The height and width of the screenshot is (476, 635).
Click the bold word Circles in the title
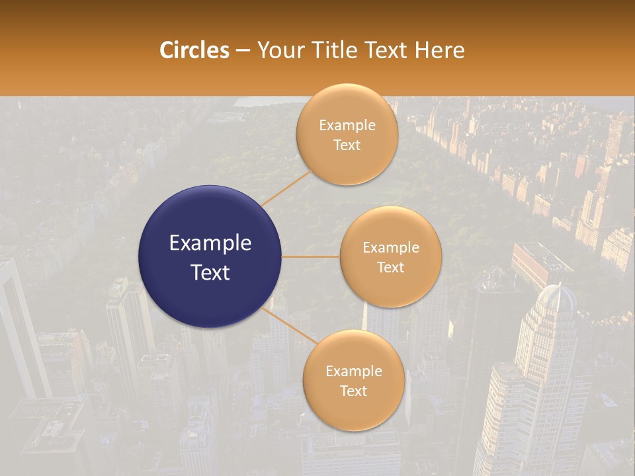194,50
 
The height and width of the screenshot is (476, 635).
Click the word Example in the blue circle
210,243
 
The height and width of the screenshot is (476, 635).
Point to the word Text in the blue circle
210,272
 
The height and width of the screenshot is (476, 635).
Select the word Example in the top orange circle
347,126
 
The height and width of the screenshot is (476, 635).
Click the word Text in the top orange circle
347,145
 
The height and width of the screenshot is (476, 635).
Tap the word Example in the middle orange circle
391,248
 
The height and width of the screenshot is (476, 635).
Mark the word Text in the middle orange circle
391,267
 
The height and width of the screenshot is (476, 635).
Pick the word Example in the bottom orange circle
353,372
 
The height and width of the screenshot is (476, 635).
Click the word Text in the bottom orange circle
353,391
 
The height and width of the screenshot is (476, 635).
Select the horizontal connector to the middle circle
311,257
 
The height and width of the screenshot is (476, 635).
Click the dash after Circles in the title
243,51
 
